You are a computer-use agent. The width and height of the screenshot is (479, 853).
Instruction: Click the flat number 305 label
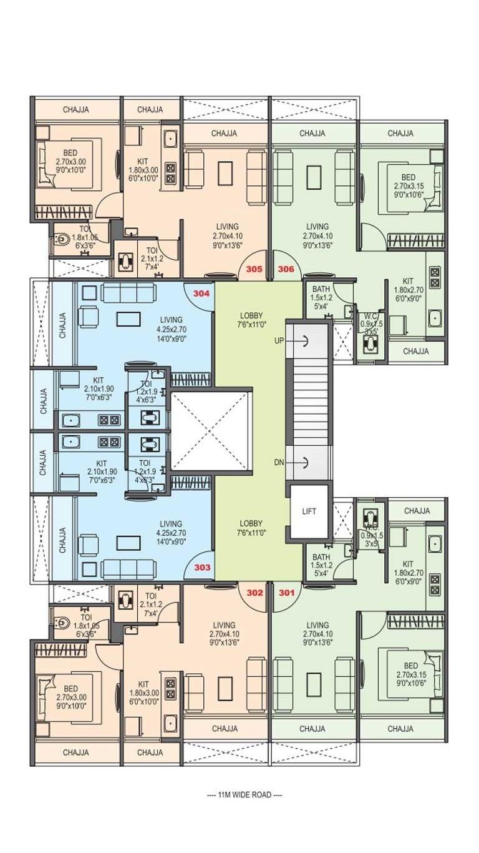coord(254,269)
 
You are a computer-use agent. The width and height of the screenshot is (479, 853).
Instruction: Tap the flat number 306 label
coord(286,269)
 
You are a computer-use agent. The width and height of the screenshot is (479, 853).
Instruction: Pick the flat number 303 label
coord(202,568)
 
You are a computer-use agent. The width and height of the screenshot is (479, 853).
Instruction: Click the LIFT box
coord(309,511)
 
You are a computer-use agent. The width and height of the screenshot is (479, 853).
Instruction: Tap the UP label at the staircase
coord(279,341)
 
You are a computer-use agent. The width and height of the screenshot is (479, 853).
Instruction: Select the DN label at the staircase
coord(279,462)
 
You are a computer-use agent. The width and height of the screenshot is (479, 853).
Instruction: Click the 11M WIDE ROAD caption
coord(239,795)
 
